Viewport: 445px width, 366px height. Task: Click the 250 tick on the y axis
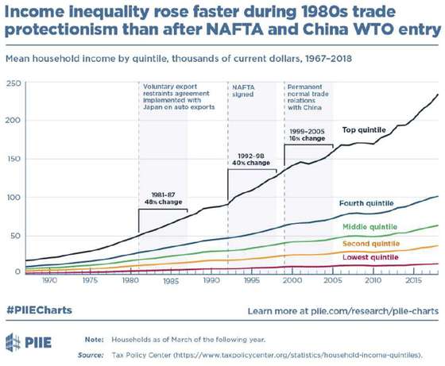pos(14,83)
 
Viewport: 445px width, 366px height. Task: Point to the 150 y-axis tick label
pos(14,159)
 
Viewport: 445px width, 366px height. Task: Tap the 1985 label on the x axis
pos(171,281)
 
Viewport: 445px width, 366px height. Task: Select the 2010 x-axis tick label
pos(373,280)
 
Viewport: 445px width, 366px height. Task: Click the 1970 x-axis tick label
pos(49,280)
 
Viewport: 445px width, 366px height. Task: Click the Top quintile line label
pos(364,130)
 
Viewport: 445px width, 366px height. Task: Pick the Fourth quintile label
pos(366,203)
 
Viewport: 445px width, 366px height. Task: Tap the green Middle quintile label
pos(370,227)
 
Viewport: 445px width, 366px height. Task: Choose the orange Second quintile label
pos(371,244)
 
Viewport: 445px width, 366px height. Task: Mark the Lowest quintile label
pos(370,257)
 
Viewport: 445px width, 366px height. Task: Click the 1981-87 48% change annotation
pos(164,198)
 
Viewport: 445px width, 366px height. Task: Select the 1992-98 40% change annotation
pos(251,160)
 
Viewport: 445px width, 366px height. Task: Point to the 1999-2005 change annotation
pos(307,135)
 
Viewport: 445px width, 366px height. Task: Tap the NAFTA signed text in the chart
pos(243,91)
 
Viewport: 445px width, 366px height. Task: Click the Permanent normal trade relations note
pos(308,97)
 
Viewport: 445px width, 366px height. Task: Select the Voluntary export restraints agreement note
pos(179,97)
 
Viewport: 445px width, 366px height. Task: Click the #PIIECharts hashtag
pos(39,310)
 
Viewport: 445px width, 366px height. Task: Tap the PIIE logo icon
pos(13,342)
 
